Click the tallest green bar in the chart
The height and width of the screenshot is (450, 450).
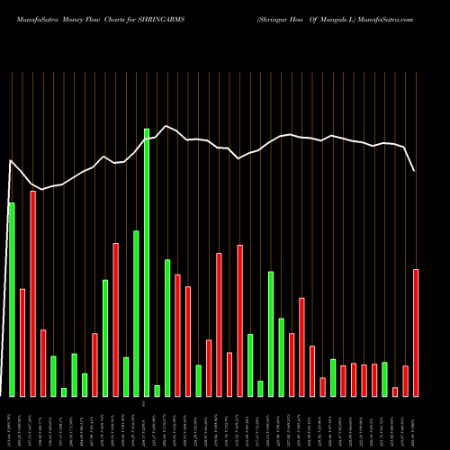coord(147,262)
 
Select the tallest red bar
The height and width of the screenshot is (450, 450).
coord(32,293)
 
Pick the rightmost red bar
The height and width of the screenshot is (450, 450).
coord(416,332)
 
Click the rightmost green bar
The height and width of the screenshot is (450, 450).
coord(384,379)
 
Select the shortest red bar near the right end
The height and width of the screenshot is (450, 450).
coord(395,391)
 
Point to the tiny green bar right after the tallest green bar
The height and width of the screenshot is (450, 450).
coord(157,391)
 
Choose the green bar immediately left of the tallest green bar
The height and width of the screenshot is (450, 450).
coord(136,313)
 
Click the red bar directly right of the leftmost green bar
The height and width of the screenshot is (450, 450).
coord(22,342)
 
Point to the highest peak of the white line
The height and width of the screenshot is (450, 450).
coord(166,126)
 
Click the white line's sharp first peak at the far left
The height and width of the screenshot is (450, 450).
coord(10,161)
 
